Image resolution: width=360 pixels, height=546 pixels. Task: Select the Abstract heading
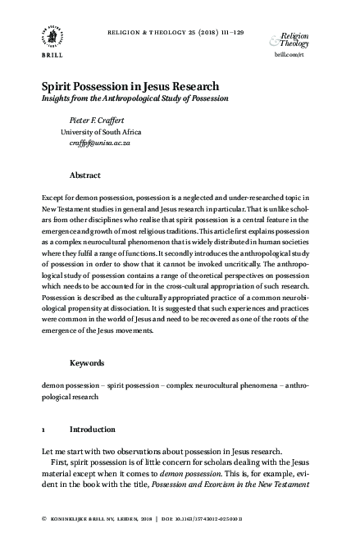(85, 175)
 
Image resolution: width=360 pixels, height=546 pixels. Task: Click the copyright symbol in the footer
(43, 520)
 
